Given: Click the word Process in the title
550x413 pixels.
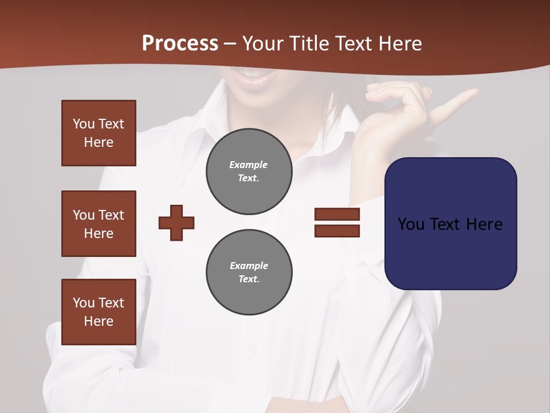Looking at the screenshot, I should click(x=180, y=44).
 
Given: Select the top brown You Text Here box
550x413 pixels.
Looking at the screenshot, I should click(x=99, y=133).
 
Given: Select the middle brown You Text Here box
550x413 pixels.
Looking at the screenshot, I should click(x=99, y=224).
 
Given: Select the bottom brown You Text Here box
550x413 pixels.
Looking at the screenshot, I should click(x=99, y=312).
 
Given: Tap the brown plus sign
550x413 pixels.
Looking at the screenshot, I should click(x=176, y=223).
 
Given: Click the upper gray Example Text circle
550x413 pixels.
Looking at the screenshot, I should click(x=249, y=172).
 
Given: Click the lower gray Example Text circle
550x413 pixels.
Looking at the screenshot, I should click(x=249, y=272).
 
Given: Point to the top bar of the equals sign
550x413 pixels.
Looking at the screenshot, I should click(x=337, y=215).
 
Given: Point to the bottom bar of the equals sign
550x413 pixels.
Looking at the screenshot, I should click(x=337, y=231).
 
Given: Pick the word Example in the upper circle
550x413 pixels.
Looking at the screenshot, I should click(x=248, y=165).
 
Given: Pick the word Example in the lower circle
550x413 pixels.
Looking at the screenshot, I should click(x=249, y=266).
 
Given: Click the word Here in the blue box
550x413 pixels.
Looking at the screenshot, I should click(x=484, y=224).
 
